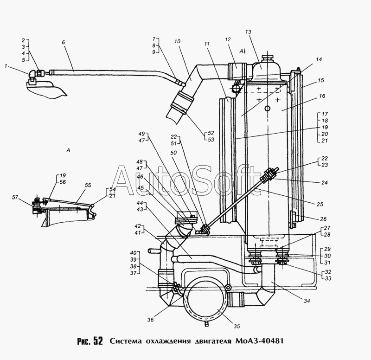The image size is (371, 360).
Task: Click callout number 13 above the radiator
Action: (x=248, y=32)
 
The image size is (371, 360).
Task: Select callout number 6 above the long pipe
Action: (x=63, y=42)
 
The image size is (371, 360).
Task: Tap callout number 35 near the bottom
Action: (x=237, y=326)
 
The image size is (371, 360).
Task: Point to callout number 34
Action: (x=307, y=301)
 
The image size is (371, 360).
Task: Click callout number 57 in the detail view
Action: (x=15, y=197)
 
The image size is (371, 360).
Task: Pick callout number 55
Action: (x=88, y=185)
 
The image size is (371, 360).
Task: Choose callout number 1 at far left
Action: (x=6, y=66)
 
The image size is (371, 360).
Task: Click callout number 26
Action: (x=323, y=219)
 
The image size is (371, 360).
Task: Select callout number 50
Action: (x=173, y=153)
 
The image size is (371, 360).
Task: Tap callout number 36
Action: (x=150, y=320)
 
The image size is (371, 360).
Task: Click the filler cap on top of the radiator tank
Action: (x=268, y=58)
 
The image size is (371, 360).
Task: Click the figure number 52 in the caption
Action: (x=98, y=341)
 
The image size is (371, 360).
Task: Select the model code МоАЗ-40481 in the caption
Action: (x=259, y=341)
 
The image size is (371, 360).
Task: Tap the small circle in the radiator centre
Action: (x=268, y=109)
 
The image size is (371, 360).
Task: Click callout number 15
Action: (x=320, y=80)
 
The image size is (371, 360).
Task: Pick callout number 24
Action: (x=324, y=183)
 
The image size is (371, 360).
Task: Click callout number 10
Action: (x=177, y=41)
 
